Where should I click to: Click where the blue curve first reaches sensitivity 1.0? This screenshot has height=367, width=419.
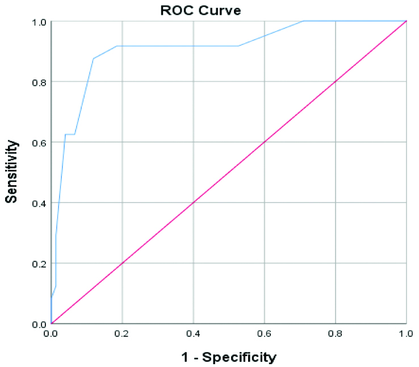pos(303,21)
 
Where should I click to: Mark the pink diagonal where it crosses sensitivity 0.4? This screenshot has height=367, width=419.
pos(193,203)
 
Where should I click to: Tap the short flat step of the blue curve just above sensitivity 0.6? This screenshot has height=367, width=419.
pos(70,135)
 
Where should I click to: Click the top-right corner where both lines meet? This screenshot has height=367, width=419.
pos(406,21)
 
